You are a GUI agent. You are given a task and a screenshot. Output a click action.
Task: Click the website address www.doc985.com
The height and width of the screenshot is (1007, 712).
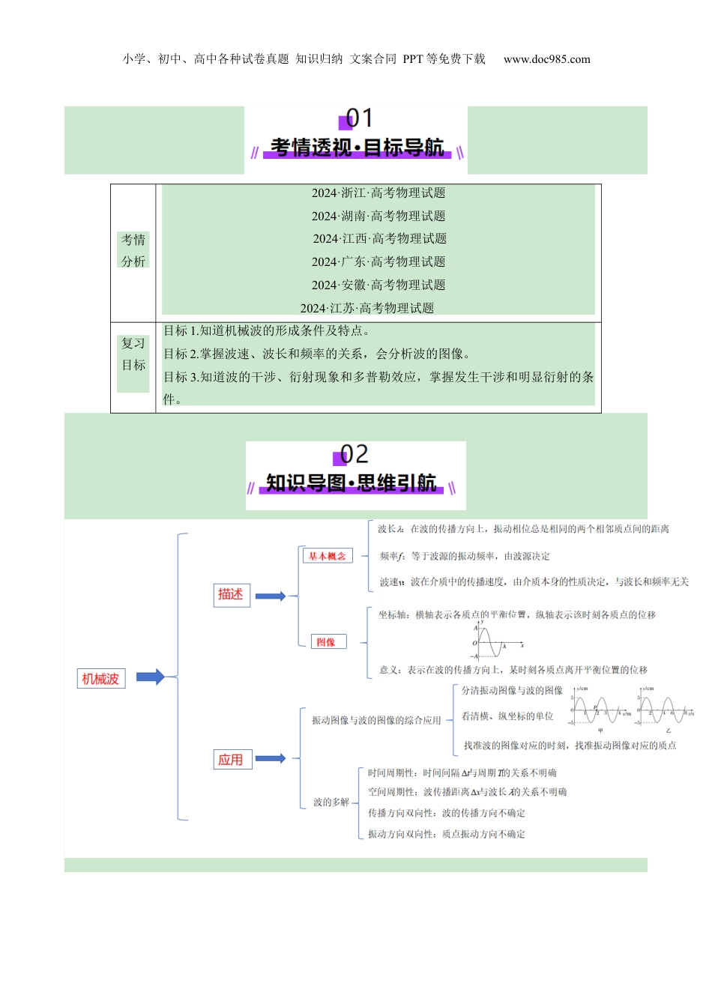coord(546,59)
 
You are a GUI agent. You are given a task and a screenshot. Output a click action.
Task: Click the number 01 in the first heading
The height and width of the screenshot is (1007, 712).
coord(358,118)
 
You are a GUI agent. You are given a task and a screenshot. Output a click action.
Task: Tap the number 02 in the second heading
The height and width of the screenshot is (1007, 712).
coord(354,454)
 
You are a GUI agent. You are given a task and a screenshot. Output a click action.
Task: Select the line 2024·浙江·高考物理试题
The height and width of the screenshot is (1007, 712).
coord(378,193)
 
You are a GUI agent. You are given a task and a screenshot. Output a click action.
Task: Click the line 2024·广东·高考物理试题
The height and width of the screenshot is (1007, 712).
coord(378,261)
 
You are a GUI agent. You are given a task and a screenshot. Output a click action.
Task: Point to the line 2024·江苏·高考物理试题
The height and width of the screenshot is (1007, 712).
coord(367,308)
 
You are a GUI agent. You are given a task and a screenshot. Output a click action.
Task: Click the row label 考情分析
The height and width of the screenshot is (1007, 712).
coord(133,250)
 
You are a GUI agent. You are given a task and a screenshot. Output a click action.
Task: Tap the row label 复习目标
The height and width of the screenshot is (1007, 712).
coord(133,354)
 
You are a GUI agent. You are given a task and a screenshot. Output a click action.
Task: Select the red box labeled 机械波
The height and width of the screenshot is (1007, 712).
coord(100,679)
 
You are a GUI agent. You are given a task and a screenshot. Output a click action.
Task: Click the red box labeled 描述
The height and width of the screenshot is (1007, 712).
coord(230,595)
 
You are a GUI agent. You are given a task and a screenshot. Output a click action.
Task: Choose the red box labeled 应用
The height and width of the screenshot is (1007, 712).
coord(230,760)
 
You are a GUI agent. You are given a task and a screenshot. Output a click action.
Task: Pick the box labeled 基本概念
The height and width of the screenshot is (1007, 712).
coord(327,556)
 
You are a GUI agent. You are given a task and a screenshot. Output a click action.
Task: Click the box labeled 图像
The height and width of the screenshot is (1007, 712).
coord(327,642)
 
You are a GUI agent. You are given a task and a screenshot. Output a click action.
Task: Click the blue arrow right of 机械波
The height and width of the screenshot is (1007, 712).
coord(150,677)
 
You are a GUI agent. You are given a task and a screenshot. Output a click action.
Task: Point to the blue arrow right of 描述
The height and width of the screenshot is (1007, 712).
coord(271,596)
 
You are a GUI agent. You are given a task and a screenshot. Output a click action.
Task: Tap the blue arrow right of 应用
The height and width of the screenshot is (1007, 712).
coord(271,759)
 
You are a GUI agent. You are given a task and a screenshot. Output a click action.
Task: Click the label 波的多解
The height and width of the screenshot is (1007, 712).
coord(331,802)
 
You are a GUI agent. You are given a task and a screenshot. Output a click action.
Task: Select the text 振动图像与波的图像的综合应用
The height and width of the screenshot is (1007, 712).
coord(376,720)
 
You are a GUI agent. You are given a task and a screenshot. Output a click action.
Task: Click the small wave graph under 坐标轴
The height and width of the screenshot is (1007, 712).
coord(496,642)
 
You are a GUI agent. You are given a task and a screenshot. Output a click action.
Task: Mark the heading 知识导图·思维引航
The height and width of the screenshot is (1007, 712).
coord(351,483)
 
